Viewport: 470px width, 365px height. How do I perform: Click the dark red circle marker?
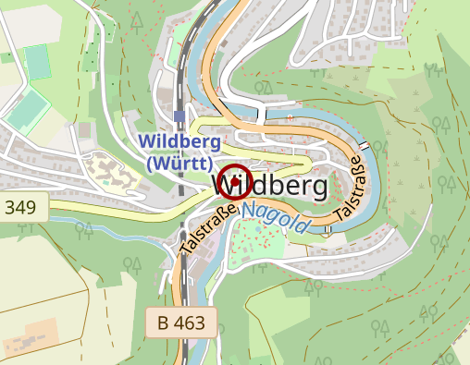235,182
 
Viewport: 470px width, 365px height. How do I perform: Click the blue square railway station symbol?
179,116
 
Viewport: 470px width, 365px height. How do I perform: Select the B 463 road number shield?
180,323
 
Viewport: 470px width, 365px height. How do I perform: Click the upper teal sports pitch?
38,61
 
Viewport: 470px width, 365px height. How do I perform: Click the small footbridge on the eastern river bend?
366,146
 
